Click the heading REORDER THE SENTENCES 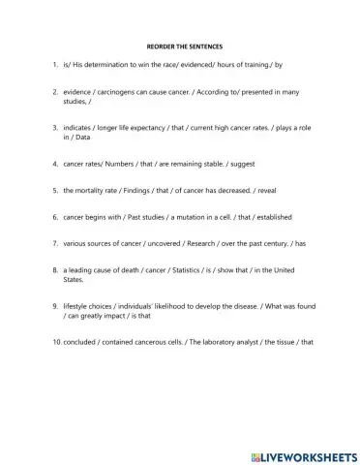tap(179, 45)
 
